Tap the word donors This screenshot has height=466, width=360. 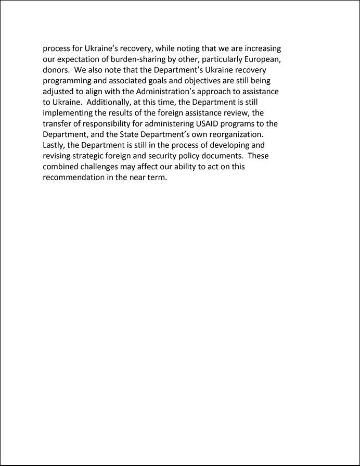pyautogui.click(x=55, y=70)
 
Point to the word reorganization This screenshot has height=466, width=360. pyautogui.click(x=233, y=134)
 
